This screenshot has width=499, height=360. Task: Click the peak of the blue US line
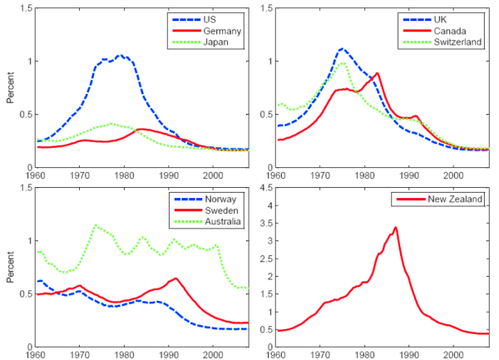[x=121, y=56]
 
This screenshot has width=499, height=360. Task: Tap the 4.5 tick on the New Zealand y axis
[x=266, y=188]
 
